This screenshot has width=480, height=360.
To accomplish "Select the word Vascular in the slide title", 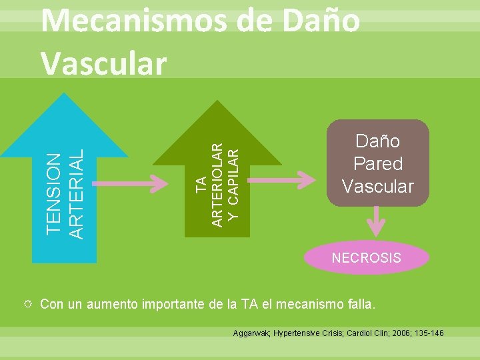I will point(103,63).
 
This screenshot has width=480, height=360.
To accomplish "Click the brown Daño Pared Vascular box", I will point(377,163).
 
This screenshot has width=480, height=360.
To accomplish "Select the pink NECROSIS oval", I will point(366,257).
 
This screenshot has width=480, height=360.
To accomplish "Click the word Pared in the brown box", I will point(377,163).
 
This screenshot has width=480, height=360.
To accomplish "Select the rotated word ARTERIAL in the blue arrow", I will point(77,193).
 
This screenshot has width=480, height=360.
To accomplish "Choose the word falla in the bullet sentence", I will point(357,305).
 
